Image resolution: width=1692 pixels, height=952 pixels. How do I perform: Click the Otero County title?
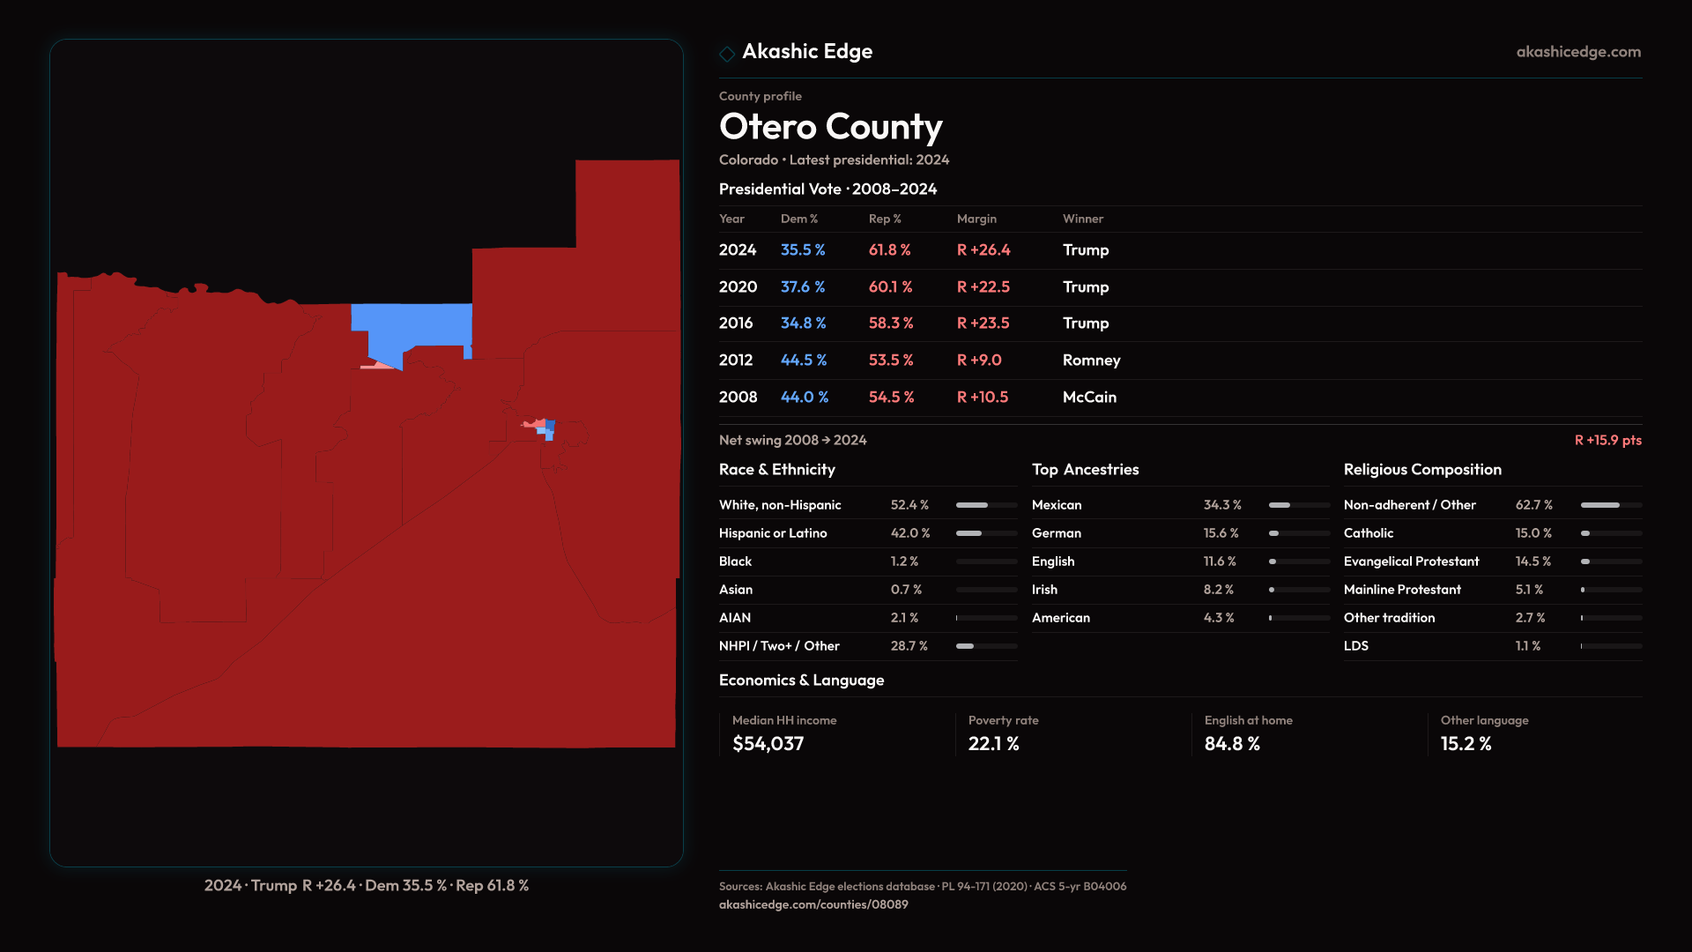830,127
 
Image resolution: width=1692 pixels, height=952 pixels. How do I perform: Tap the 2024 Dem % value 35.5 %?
802,250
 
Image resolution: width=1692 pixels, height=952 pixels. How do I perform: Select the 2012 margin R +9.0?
979,361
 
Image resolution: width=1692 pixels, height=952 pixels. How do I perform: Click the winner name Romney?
1091,361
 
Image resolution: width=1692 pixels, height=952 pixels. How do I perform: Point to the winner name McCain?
1089,398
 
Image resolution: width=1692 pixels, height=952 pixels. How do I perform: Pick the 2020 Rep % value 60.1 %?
890,287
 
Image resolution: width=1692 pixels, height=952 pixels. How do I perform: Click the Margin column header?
976,219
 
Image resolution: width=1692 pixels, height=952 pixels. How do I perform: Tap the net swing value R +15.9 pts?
1607,440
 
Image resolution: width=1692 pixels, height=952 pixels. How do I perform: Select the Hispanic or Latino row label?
772,533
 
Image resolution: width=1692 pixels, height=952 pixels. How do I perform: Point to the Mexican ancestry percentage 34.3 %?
1222,505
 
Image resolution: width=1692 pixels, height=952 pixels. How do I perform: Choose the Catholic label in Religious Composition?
1368,533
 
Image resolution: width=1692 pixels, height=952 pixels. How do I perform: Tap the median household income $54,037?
768,744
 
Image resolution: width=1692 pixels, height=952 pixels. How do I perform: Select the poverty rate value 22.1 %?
993,744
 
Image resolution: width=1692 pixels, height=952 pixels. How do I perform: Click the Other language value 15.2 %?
1466,744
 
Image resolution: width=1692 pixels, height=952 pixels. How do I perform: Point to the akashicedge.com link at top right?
1578,52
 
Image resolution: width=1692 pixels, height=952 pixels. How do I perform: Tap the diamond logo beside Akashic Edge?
727,54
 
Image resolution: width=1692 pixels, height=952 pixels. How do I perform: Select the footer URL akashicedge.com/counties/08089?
813,904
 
